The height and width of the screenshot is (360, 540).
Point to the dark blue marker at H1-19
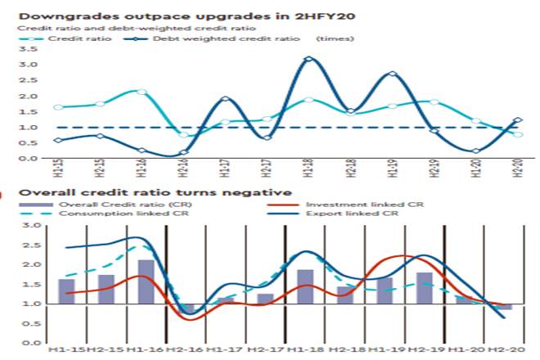[x=394, y=74]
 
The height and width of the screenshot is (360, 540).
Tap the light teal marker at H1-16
[x=142, y=92]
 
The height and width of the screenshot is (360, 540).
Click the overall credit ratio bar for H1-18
[x=305, y=286]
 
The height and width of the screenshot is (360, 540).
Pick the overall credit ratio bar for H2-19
[x=424, y=288]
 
